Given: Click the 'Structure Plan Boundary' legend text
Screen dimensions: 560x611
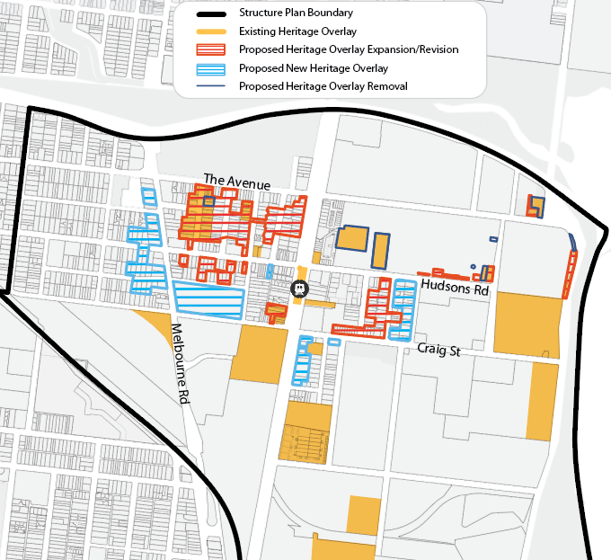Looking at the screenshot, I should click(x=296, y=13).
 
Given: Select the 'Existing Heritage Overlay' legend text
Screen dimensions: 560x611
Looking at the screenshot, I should click(x=297, y=31).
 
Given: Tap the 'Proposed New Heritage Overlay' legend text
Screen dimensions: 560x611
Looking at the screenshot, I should click(x=314, y=67).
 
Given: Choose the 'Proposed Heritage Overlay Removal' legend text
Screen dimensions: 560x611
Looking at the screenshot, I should click(x=323, y=86).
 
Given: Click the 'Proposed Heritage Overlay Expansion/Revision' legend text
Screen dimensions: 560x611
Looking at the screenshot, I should click(x=349, y=49).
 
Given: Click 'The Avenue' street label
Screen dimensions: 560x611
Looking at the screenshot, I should click(x=236, y=182).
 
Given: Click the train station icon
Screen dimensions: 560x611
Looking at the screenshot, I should click(x=299, y=289).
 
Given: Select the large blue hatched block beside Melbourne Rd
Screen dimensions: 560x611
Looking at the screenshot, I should click(x=208, y=299).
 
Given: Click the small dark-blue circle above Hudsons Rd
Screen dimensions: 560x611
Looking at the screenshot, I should click(x=473, y=267).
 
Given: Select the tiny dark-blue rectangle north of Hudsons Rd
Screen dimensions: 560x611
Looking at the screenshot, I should click(x=493, y=239).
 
